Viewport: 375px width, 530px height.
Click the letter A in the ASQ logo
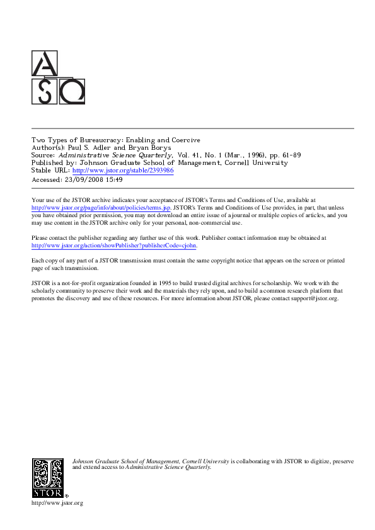(x=44, y=64)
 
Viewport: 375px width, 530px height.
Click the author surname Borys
(x=160, y=147)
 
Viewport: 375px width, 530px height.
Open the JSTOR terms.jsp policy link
(x=100, y=208)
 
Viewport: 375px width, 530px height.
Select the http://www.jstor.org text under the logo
(x=57, y=504)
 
